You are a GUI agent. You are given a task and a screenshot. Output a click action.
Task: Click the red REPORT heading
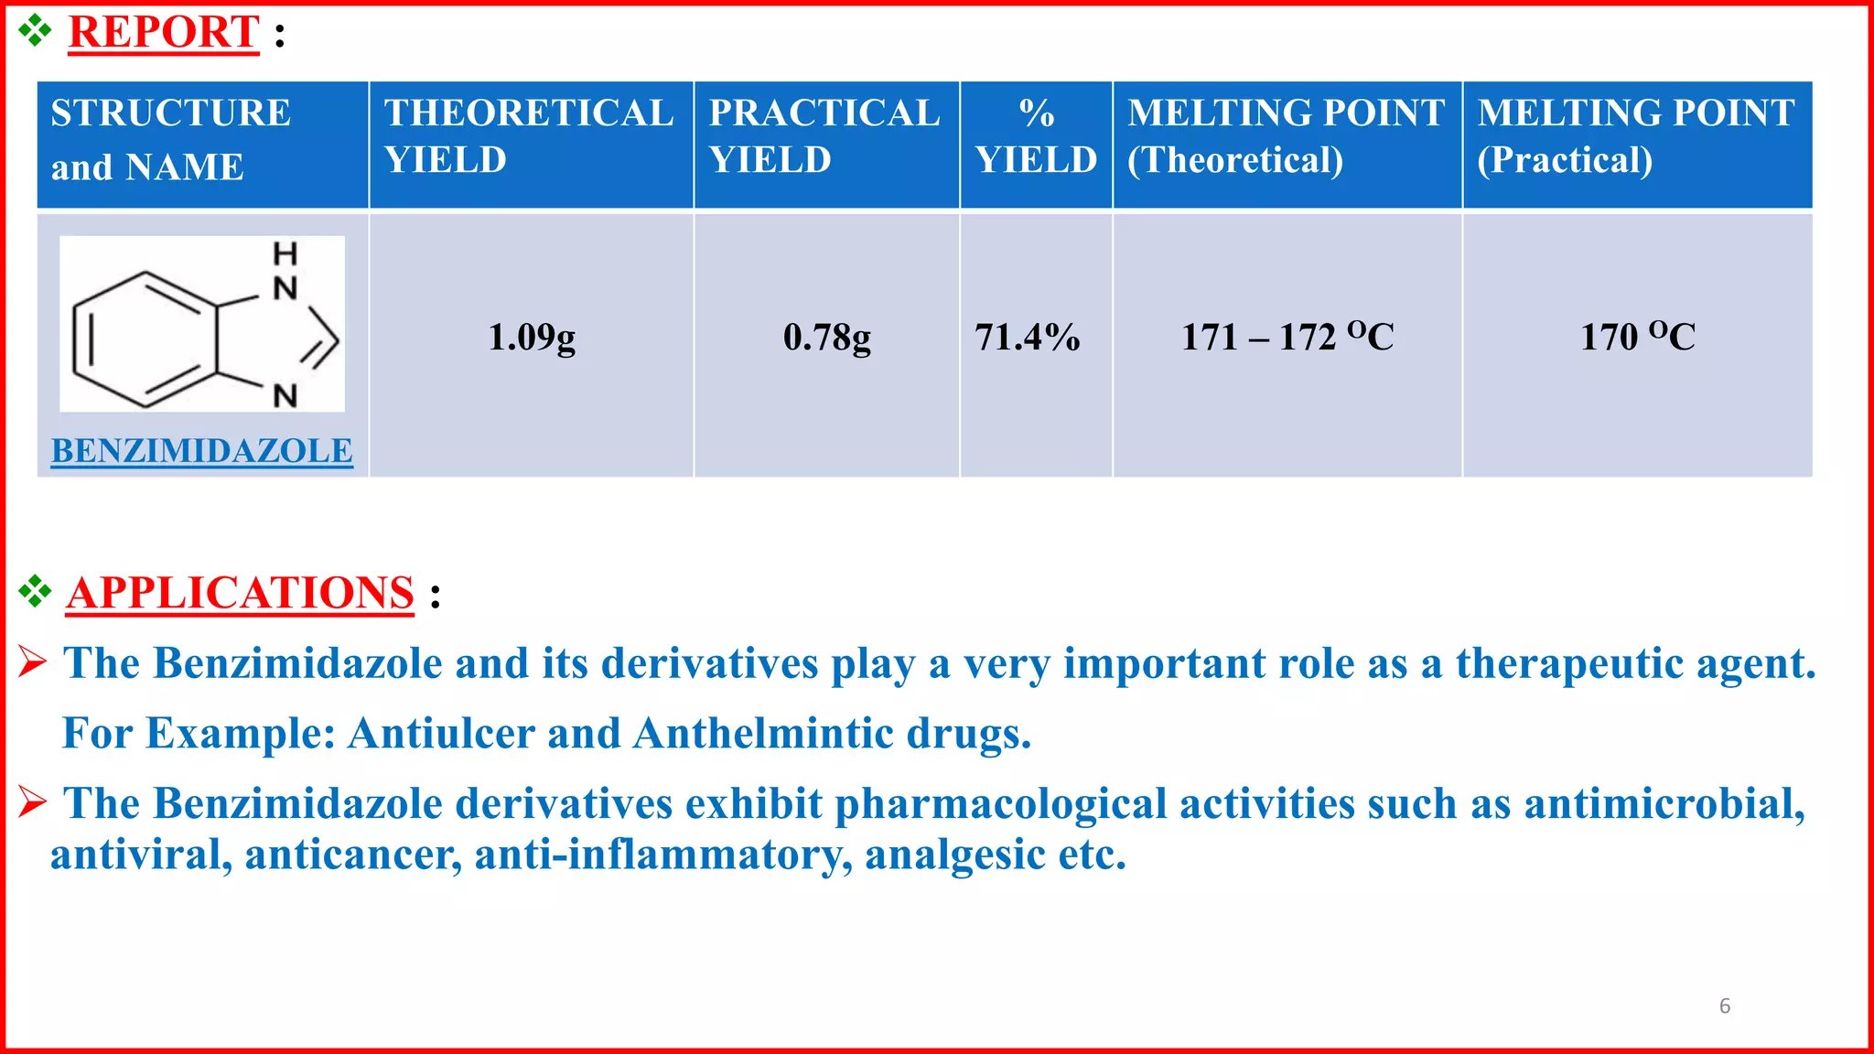[164, 32]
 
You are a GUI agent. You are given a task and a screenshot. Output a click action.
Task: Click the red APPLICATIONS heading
[240, 593]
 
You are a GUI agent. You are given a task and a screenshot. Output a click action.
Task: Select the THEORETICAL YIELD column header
[529, 136]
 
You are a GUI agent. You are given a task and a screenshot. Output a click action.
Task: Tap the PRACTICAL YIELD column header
[824, 136]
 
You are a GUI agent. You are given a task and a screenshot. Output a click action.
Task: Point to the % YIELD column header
[1036, 136]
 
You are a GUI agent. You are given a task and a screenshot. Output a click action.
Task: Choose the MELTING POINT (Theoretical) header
[1286, 136]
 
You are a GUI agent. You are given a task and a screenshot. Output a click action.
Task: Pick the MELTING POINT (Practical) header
[1636, 136]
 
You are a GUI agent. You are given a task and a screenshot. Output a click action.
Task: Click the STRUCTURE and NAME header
[171, 140]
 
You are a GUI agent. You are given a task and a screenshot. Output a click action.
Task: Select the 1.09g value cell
[532, 338]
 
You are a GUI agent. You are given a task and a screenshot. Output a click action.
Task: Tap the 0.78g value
[827, 338]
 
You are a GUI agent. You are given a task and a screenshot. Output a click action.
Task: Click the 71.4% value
[1027, 338]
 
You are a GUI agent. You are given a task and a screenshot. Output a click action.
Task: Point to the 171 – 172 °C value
[1287, 337]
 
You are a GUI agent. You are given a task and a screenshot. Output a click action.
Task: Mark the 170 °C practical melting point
[1638, 337]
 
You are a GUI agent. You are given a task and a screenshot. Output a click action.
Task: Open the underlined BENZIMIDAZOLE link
[201, 451]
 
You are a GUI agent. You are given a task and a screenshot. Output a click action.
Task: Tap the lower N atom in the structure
[285, 396]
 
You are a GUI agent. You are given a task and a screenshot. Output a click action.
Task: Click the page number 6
[1725, 1006]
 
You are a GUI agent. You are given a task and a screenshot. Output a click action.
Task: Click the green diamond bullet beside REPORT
[35, 31]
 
